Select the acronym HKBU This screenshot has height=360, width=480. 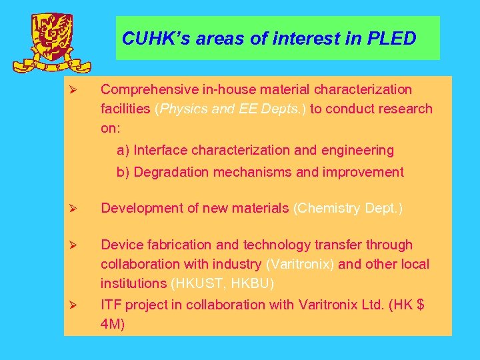tap(251, 283)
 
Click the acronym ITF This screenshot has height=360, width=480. tap(111, 304)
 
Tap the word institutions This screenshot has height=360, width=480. tap(133, 283)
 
